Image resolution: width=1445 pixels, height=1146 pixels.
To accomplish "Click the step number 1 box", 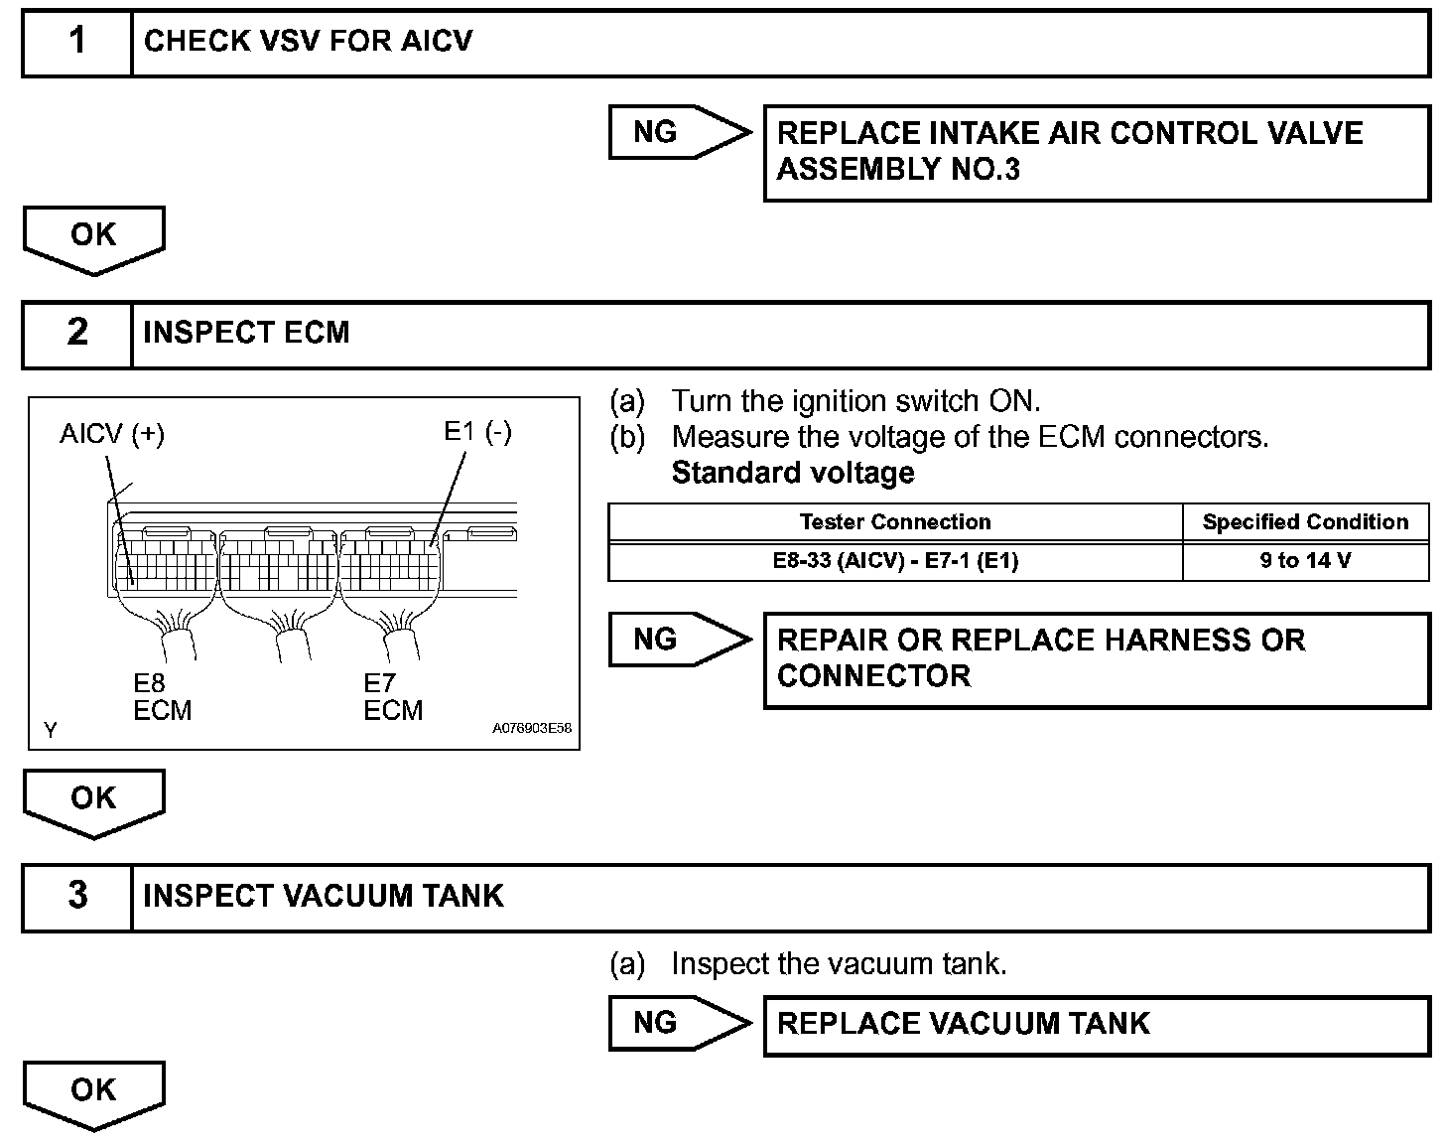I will (x=77, y=43).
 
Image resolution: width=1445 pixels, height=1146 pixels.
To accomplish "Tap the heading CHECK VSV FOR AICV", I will (x=308, y=42).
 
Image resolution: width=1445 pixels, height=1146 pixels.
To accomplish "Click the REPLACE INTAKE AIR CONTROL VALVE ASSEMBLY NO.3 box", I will (x=1096, y=152).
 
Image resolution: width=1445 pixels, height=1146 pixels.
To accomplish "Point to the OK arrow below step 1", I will (x=93, y=238).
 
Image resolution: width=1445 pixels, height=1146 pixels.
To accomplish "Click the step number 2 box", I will (x=77, y=333).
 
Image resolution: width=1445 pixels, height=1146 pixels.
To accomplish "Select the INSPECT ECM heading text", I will (x=246, y=333).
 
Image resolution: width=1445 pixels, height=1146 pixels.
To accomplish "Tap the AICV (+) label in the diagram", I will (x=112, y=434).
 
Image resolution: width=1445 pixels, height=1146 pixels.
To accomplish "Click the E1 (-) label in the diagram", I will (x=477, y=432).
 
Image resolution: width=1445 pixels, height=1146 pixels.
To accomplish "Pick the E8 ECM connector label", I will (x=162, y=697).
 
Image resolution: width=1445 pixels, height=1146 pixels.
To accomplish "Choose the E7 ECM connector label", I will (x=393, y=697).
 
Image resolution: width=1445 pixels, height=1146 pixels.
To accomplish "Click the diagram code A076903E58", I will (x=532, y=728).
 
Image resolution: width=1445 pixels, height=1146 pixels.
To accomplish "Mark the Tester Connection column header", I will (x=895, y=522).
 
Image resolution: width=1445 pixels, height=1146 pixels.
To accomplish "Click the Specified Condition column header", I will (x=1305, y=522).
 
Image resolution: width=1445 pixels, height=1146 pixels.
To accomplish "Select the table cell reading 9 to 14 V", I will (x=1305, y=561).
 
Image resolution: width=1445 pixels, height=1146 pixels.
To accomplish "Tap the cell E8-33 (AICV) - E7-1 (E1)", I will (x=895, y=561).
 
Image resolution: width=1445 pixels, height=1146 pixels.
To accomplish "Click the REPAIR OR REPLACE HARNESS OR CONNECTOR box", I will (x=1096, y=659).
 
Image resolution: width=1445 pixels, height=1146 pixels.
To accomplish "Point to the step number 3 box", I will (x=77, y=896).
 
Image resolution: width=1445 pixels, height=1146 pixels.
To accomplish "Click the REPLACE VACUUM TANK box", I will (x=1096, y=1025).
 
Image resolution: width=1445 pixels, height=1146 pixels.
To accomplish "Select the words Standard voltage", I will (x=793, y=473).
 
